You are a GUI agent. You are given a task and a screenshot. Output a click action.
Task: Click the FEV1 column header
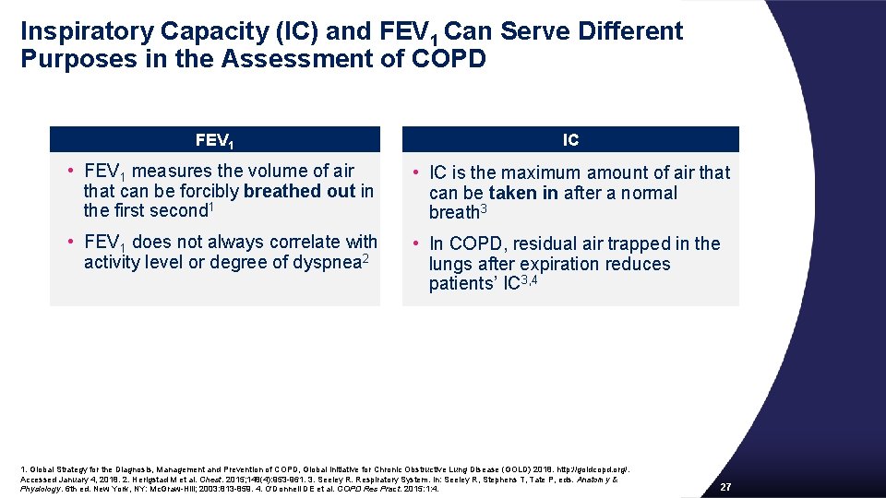pyautogui.click(x=214, y=141)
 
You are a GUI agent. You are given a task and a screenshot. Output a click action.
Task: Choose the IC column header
pyautogui.click(x=570, y=140)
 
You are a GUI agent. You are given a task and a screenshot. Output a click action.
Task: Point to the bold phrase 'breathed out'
pyautogui.click(x=300, y=191)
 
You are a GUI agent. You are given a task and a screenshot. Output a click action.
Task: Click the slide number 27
pyautogui.click(x=725, y=487)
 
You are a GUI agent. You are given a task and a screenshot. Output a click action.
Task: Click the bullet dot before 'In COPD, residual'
pyautogui.click(x=416, y=243)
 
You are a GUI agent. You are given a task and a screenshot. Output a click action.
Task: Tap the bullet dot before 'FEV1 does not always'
pyautogui.click(x=70, y=243)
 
